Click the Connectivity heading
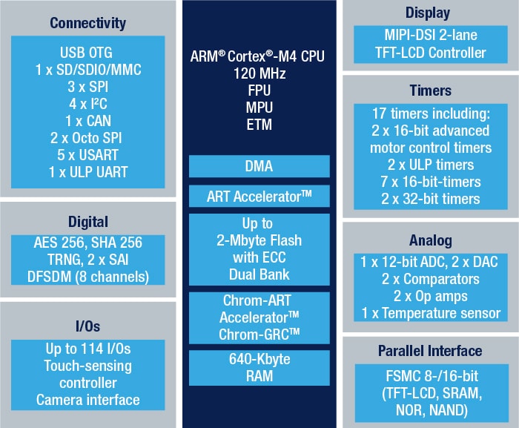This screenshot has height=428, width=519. (87, 24)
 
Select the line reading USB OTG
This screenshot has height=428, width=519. (87, 54)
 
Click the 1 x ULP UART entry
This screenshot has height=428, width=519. (87, 172)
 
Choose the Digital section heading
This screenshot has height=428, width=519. (87, 221)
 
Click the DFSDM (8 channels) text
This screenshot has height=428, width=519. (87, 276)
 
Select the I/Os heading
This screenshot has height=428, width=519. (87, 326)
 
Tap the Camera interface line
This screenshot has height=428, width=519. (87, 400)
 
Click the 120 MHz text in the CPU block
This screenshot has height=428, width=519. (259, 75)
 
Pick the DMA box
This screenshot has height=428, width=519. (259, 166)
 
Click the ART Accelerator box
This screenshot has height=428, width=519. (259, 197)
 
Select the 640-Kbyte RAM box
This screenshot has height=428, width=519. (259, 367)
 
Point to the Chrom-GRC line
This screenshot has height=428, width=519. (259, 334)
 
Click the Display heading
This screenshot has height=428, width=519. (430, 13)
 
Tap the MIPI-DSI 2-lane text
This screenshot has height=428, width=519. (430, 36)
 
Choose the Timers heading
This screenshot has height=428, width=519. (430, 90)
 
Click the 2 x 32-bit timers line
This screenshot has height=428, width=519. (430, 198)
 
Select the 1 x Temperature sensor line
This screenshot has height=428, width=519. (430, 312)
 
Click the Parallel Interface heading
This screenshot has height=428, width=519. (430, 350)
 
